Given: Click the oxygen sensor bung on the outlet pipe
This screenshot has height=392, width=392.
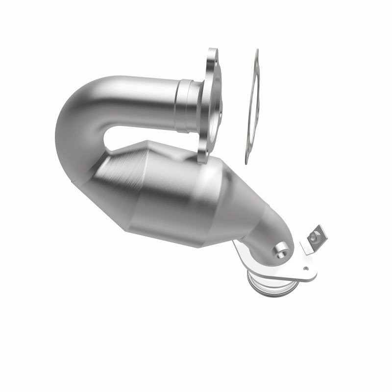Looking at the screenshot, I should click(x=282, y=250).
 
